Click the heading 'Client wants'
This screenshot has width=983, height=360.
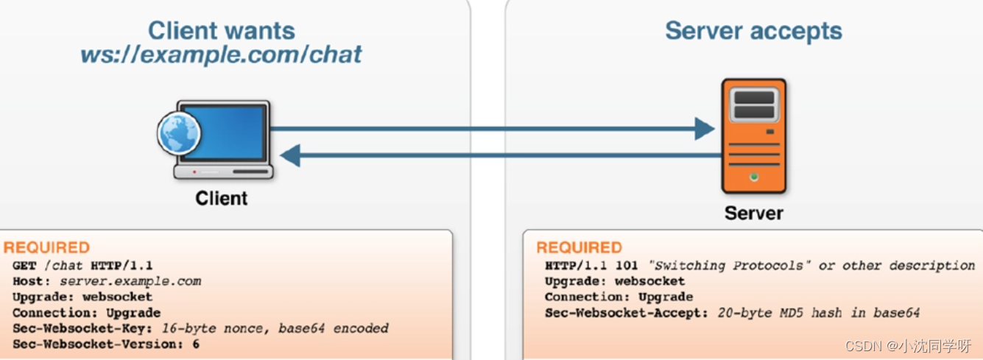221,30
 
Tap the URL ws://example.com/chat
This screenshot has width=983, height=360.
221,54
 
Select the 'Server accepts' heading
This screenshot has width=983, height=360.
753,31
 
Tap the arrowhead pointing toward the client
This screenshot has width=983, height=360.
290,155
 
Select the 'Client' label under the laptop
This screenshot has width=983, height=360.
221,199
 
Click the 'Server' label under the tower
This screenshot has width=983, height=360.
753,213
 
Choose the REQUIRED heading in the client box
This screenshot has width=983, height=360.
47,248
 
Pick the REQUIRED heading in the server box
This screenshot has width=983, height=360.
579,248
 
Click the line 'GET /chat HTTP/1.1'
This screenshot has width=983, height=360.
82,265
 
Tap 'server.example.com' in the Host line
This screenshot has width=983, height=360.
130,281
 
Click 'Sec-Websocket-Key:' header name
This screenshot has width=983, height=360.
82,328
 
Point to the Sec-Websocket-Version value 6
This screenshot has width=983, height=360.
196,344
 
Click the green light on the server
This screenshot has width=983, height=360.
753,177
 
